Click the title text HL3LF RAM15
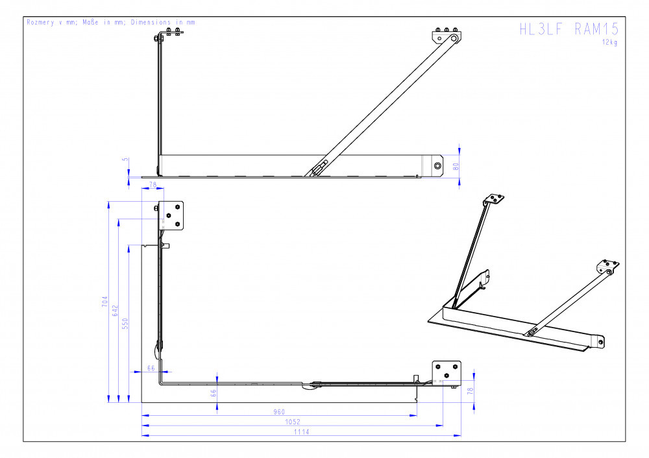tap(569, 29)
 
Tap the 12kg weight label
tap(609, 42)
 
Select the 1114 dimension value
tap(301, 431)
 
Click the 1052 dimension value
tap(292, 422)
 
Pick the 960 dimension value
tap(279, 412)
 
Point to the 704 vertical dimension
tap(104, 301)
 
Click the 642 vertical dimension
tap(115, 311)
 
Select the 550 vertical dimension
tap(125, 324)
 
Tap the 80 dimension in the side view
tap(456, 167)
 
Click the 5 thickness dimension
tap(125, 160)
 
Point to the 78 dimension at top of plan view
tap(153, 184)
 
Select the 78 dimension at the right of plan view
tap(470, 391)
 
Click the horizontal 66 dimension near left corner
tap(151, 368)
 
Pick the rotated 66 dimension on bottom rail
tap(214, 393)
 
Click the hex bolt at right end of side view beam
tap(437, 166)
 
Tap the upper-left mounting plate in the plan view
tap(171, 215)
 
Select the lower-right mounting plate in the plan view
tap(447, 372)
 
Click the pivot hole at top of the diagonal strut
tap(454, 38)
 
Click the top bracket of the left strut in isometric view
tap(494, 199)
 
